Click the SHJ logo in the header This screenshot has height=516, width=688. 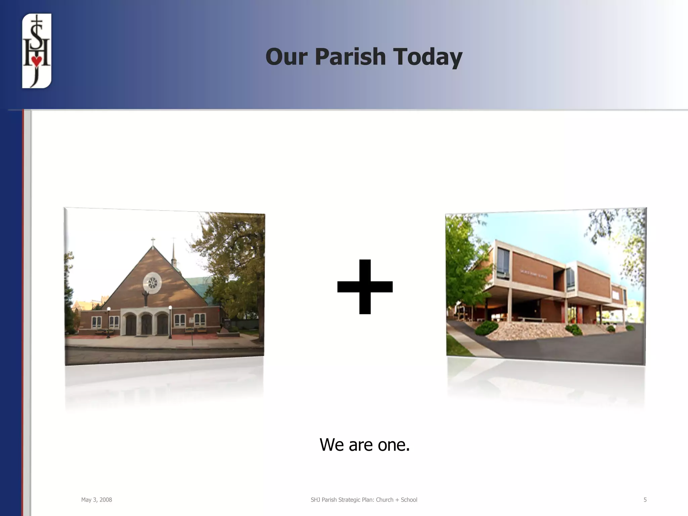tap(37, 51)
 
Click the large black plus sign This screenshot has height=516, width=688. tap(365, 287)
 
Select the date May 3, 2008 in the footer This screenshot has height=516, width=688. tap(96, 500)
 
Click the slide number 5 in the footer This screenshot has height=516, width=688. tap(645, 500)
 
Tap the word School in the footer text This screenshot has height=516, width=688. tap(409, 500)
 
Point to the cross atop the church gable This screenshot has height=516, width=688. tap(153, 241)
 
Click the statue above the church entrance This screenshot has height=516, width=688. tap(146, 298)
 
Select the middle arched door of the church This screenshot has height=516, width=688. tap(146, 324)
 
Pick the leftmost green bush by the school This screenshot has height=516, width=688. tap(487, 327)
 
